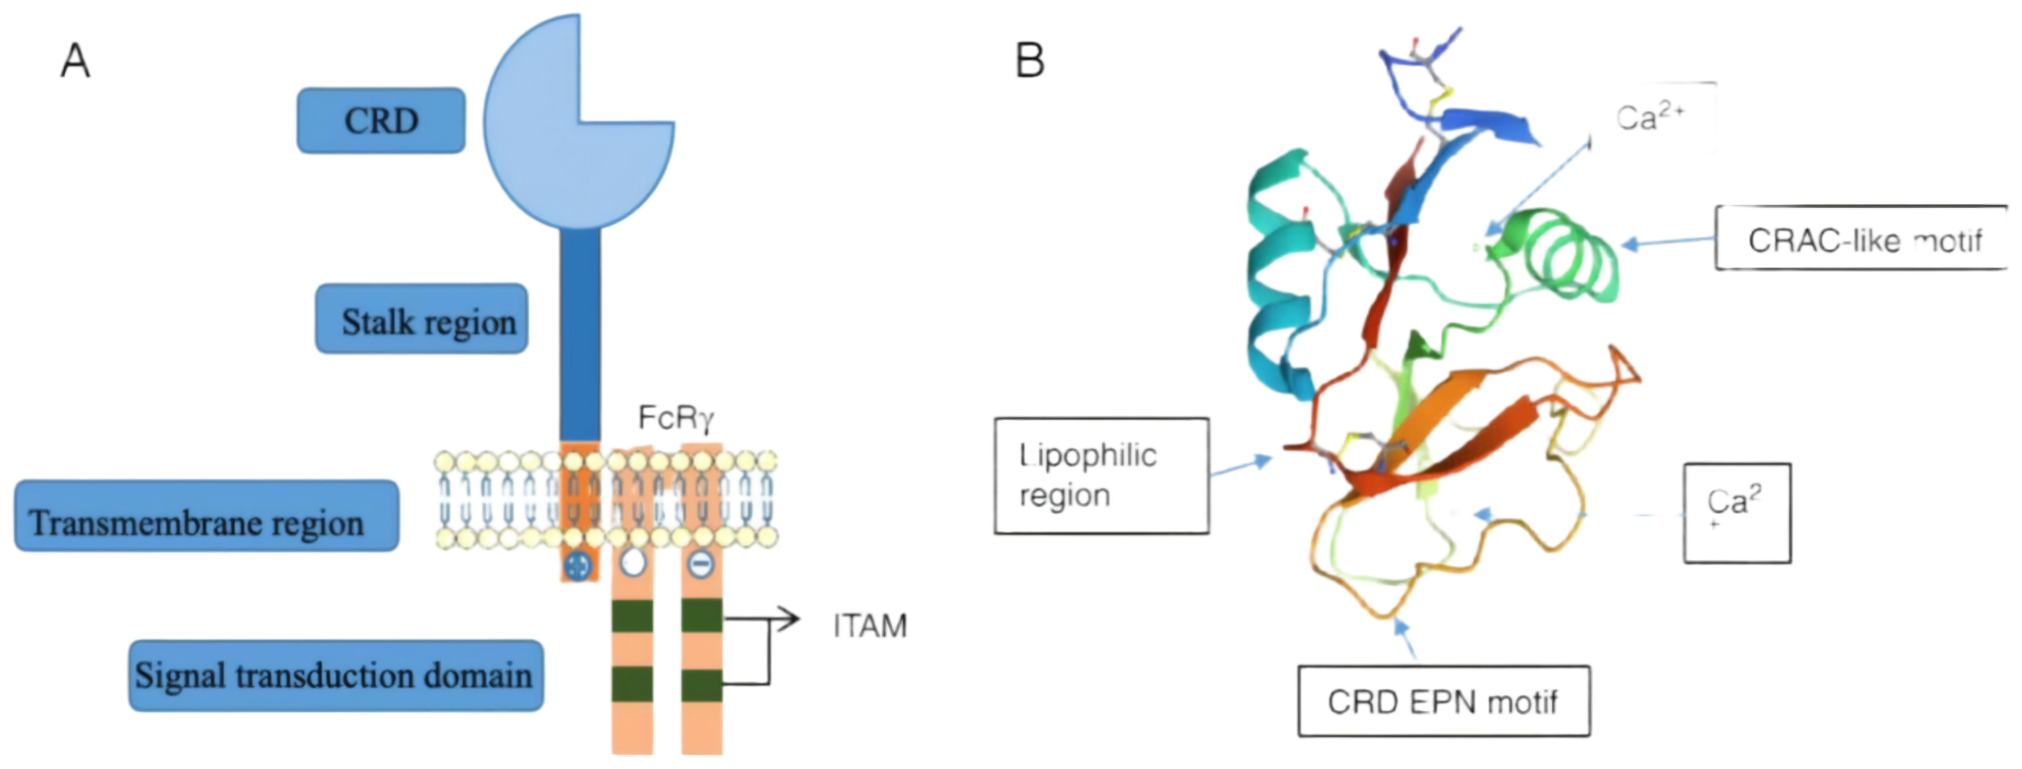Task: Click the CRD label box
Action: [381, 120]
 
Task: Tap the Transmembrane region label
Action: [206, 516]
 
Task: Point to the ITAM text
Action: [869, 626]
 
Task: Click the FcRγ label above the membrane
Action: [675, 419]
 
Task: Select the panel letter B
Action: [1029, 60]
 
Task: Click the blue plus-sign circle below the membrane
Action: [576, 566]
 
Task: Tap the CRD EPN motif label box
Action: [1443, 701]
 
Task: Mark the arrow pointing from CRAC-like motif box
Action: [1668, 242]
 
